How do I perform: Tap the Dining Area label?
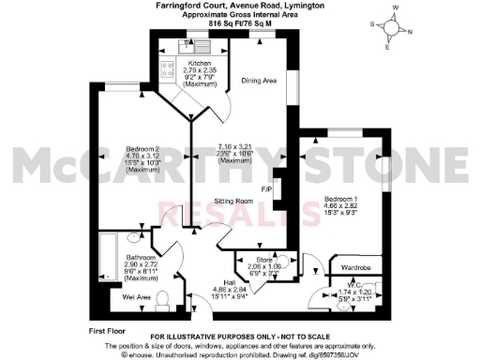click(x=258, y=81)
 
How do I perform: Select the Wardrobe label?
click(x=354, y=265)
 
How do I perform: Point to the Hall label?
click(x=229, y=281)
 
